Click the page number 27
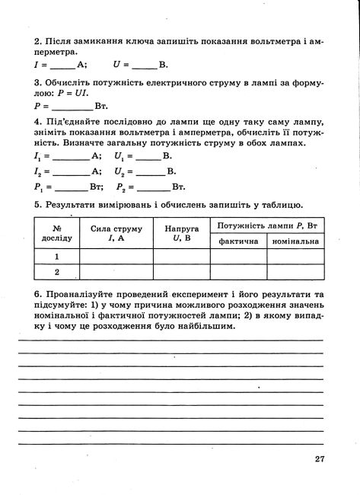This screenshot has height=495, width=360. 319,458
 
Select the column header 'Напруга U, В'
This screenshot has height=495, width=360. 182,232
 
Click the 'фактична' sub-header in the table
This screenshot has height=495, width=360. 238,241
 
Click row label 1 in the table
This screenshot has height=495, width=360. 56,256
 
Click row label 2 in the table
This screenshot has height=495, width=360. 56,271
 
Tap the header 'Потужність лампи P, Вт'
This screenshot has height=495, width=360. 266,225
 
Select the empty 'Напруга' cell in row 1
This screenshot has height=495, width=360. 182,256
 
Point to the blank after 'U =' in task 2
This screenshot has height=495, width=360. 144,66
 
